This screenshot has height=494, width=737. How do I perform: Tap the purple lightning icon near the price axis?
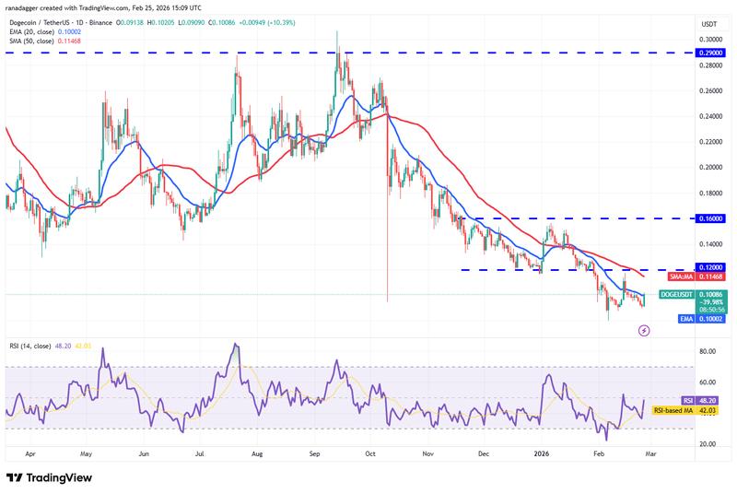pyautogui.click(x=644, y=329)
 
